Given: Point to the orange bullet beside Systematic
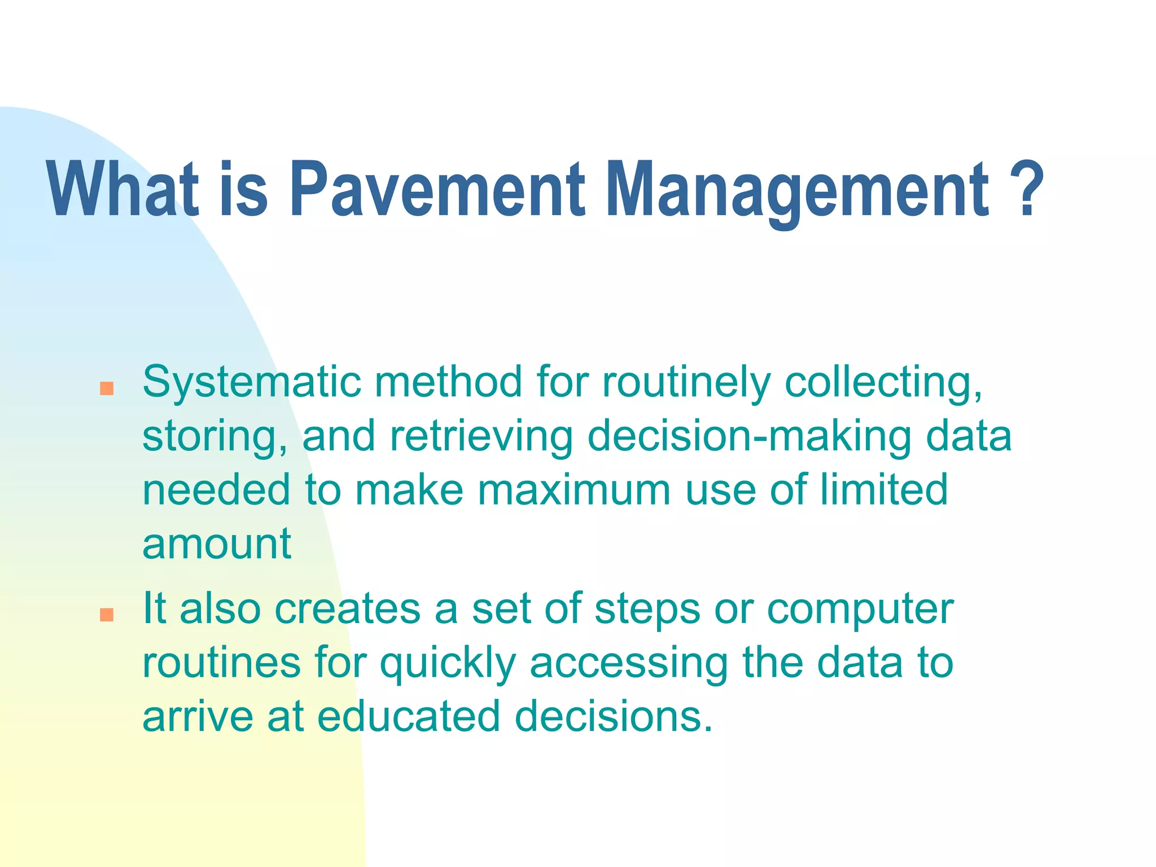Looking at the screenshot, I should [x=107, y=388].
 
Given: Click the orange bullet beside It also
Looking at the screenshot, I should [x=107, y=615].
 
